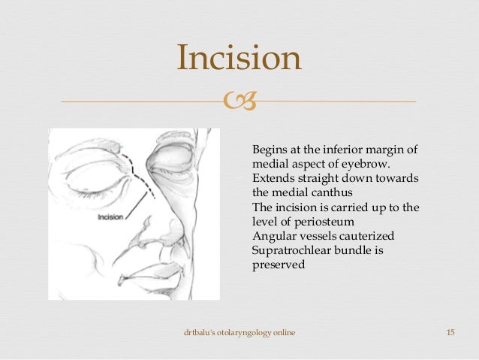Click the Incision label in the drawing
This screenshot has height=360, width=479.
(110, 218)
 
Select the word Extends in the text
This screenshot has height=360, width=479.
(273, 177)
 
